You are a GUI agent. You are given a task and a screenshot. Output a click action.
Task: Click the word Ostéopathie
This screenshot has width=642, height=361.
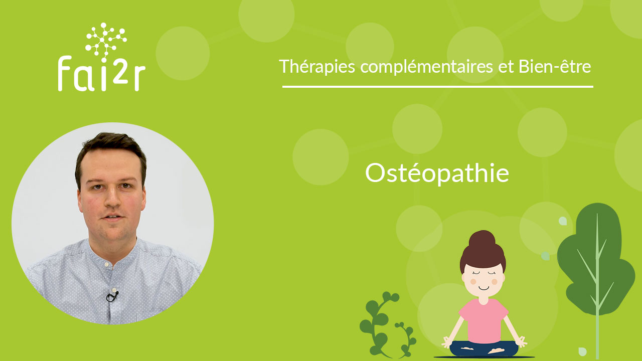point(437,173)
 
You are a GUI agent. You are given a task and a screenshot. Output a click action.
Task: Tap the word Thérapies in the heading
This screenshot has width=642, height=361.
point(317,67)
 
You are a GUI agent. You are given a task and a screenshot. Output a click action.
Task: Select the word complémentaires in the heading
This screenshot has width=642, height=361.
point(426,67)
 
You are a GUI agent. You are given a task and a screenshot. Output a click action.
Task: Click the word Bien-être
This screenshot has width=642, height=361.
point(555,66)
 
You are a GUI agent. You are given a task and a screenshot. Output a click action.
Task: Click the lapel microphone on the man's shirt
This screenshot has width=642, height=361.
point(112,296)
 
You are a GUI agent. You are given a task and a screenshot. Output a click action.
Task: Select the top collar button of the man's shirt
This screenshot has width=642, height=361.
point(106,264)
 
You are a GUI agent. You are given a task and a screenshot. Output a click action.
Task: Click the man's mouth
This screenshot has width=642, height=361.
point(113,217)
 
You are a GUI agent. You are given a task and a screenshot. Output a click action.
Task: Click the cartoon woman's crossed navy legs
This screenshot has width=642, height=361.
point(484,348)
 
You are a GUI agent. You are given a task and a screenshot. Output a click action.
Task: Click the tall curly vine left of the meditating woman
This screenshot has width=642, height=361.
point(378,324)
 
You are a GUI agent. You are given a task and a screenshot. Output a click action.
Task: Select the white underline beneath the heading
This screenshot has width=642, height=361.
point(438,87)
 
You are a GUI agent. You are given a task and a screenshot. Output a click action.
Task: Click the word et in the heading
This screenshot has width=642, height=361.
point(506,67)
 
